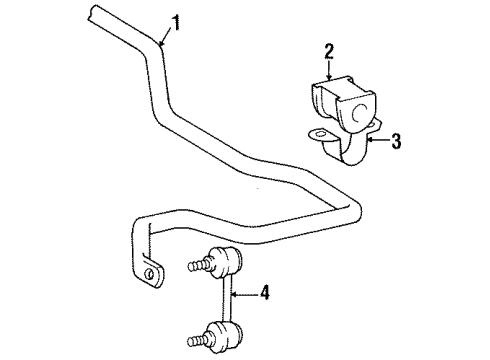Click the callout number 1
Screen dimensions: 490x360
(176, 23)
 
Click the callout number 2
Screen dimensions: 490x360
(329, 52)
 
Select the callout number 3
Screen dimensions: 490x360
(396, 141)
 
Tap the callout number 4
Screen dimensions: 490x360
(264, 292)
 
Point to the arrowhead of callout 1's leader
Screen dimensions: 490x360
(161, 43)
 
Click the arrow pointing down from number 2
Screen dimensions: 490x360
(329, 70)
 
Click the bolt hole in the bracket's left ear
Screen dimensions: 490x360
(320, 134)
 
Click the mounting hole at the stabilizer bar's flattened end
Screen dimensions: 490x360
(149, 274)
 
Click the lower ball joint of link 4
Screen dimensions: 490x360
(225, 335)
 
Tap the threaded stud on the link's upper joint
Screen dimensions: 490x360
(198, 265)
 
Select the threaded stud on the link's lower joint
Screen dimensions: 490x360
(198, 340)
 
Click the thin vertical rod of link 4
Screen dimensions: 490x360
(226, 299)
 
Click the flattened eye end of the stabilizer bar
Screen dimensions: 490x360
(149, 270)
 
